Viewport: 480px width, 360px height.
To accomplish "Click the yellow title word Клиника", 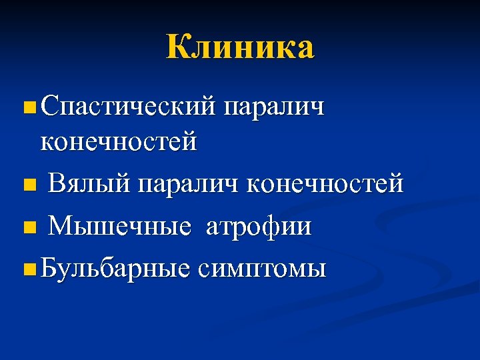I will [240, 48].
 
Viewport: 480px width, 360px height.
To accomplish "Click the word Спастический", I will [128, 107].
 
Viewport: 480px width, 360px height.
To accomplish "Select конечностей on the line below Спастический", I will [119, 142].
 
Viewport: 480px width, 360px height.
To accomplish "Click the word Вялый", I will [90, 183].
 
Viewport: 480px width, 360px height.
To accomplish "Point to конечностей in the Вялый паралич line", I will [325, 183].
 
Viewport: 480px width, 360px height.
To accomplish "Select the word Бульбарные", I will [117, 269].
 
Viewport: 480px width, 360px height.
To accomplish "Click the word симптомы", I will [261, 270].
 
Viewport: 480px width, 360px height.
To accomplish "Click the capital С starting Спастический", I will [49, 106].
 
